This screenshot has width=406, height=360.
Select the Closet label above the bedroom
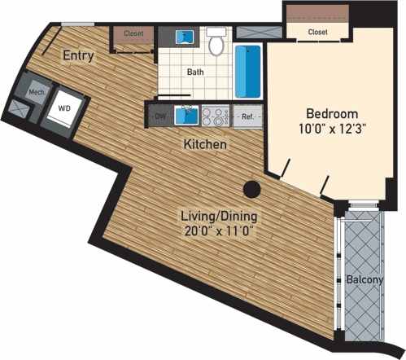click(318, 32)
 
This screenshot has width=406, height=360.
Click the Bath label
click(195, 72)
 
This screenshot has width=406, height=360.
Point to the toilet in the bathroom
click(216, 44)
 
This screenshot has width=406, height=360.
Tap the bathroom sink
click(187, 37)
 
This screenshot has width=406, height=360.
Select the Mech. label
click(37, 92)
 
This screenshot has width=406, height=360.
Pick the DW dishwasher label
click(159, 116)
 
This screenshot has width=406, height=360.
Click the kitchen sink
click(186, 115)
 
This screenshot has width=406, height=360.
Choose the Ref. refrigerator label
click(248, 117)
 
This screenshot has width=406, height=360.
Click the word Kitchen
click(204, 144)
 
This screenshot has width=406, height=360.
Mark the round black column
click(252, 189)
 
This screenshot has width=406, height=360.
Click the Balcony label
click(365, 279)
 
